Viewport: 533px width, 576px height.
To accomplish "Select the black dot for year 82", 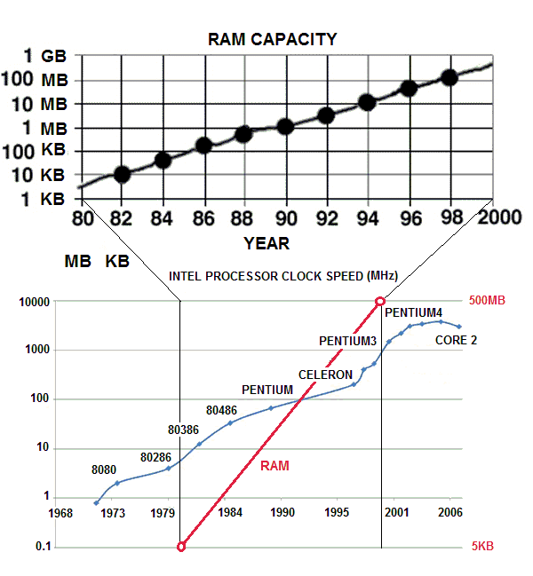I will (x=122, y=174).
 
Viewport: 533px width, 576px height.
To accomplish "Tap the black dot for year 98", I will (x=449, y=77).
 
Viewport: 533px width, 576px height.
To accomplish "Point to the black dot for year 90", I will (x=285, y=126).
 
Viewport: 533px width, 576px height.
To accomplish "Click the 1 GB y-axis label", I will (x=41, y=56).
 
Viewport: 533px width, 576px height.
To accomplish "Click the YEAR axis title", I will (x=266, y=243).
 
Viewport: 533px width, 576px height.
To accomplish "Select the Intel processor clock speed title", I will (x=282, y=276).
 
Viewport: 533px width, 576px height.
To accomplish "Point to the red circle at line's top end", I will (x=381, y=302).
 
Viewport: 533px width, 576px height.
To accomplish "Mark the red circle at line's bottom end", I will (x=180, y=547).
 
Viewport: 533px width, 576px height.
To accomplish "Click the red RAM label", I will (x=274, y=465).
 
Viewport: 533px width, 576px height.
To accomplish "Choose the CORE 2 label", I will (x=456, y=340).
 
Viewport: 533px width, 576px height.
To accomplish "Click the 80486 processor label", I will (x=221, y=410).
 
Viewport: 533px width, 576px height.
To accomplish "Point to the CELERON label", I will (x=324, y=375).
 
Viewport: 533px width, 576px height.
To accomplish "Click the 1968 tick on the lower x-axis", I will (x=61, y=513).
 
